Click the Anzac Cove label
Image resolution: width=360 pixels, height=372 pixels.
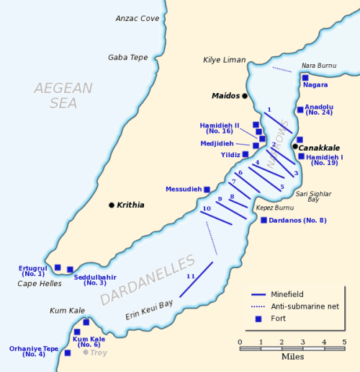pos(138,18)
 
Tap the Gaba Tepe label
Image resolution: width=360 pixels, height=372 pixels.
pos(127,58)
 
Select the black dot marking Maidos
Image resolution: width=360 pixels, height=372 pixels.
pos(245,96)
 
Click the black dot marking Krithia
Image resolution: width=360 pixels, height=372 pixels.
pos(112,205)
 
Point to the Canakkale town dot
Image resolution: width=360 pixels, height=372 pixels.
pos(294,147)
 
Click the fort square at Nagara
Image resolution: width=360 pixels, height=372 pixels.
pos(305,77)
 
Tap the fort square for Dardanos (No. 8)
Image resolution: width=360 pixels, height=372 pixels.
pos(264,220)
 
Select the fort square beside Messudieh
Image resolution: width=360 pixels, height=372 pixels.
pos(207,190)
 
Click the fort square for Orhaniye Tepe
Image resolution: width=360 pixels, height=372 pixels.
pos(68,353)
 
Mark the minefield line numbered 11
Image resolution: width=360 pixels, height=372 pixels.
pos(196,280)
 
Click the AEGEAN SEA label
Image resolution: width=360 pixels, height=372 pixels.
pos(63,95)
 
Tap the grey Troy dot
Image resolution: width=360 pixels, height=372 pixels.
pos(86,353)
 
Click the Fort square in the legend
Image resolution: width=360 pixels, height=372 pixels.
pos(258,318)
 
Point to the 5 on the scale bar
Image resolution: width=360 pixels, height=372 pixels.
pos(344,342)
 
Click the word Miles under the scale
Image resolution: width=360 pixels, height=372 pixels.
pos(292,357)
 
